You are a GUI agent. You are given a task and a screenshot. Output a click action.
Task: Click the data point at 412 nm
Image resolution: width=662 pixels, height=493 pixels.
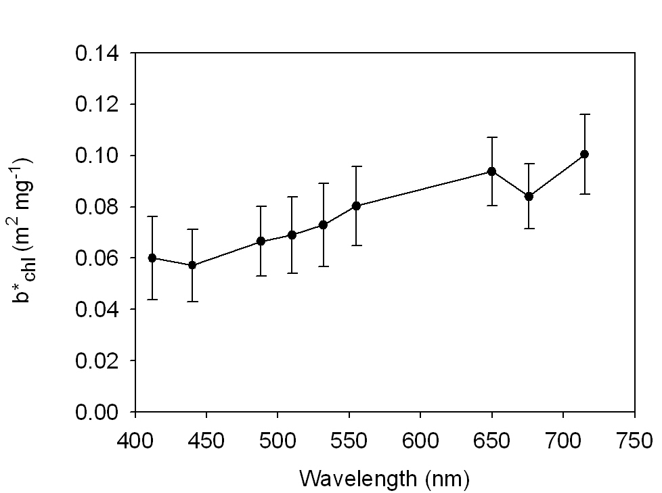(x=152, y=258)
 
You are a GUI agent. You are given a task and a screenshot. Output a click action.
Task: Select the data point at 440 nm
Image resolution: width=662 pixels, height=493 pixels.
(x=192, y=265)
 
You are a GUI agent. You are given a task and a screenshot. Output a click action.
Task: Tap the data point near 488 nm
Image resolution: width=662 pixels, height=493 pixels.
(x=261, y=241)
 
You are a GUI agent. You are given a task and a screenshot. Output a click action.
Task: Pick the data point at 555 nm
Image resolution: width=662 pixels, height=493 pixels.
(x=356, y=206)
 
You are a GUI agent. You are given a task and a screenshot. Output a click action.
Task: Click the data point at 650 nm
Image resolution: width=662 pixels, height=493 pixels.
(x=492, y=171)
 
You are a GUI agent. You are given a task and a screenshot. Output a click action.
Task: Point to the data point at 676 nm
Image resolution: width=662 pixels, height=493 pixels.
(x=529, y=196)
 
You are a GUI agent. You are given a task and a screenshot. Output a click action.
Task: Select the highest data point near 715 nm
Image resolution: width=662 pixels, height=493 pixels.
(x=584, y=154)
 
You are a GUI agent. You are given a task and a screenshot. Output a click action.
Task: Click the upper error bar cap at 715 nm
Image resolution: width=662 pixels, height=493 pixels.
(x=584, y=114)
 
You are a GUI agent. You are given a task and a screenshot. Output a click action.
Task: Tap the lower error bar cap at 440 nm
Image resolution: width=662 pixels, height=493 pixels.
(x=192, y=301)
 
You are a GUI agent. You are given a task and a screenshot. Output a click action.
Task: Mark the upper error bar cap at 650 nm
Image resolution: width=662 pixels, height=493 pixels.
(x=492, y=137)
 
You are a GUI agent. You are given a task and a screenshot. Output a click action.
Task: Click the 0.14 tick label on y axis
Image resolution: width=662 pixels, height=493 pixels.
(x=98, y=53)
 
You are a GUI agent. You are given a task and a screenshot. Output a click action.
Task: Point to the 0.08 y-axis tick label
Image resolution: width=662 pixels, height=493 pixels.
(x=98, y=207)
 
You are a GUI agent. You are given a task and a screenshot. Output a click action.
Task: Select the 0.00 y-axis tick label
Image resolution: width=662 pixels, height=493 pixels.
(x=98, y=412)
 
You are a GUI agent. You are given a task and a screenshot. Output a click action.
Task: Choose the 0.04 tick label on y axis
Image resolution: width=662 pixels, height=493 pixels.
(x=98, y=310)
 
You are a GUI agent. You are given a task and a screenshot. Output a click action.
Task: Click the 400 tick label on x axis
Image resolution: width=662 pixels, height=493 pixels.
(x=135, y=440)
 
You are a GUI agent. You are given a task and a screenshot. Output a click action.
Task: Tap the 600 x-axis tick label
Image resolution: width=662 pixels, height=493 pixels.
(x=420, y=440)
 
